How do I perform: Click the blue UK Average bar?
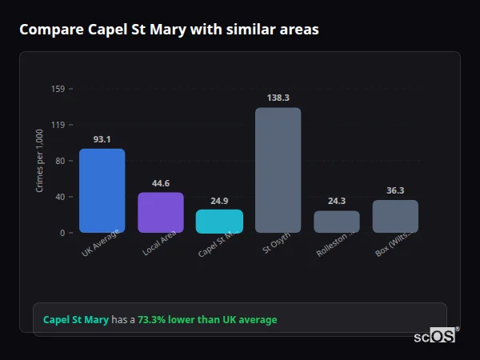pyautogui.click(x=102, y=190)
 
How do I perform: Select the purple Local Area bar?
pyautogui.click(x=161, y=212)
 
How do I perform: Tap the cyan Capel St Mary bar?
pyautogui.click(x=219, y=222)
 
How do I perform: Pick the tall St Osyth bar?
pyautogui.click(x=278, y=170)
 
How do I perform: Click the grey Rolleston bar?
pyautogui.click(x=337, y=222)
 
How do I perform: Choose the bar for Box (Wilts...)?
pyautogui.click(x=395, y=216)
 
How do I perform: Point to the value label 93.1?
pyautogui.click(x=102, y=139)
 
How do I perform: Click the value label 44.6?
pyautogui.click(x=161, y=183)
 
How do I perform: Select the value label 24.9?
pyautogui.click(x=219, y=201)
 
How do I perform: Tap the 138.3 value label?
pyautogui.click(x=278, y=98)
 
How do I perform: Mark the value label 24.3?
pyautogui.click(x=337, y=202)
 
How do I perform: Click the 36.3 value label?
pyautogui.click(x=395, y=190)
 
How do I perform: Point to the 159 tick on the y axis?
pyautogui.click(x=58, y=89)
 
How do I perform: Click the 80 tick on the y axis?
pyautogui.click(x=60, y=161)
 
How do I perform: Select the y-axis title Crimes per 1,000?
pyautogui.click(x=40, y=161)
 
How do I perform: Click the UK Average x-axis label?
pyautogui.click(x=99, y=245)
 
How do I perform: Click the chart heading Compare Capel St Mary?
pyautogui.click(x=169, y=30)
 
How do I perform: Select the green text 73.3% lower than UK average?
pyautogui.click(x=207, y=320)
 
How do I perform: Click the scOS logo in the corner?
pyautogui.click(x=434, y=337)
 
